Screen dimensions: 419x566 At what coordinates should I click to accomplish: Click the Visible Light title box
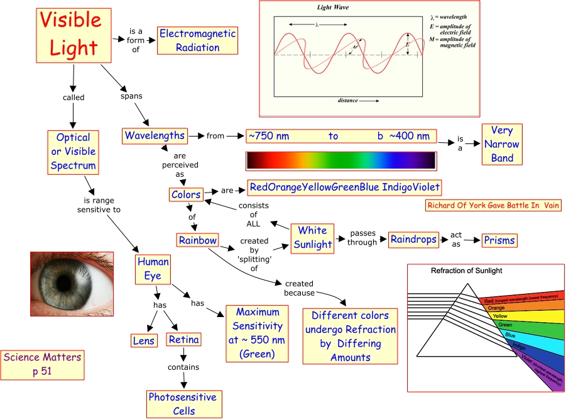tap(70, 35)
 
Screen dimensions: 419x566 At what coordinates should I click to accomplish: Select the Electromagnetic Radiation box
tap(197, 40)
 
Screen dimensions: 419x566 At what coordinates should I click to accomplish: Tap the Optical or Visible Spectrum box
tap(73, 152)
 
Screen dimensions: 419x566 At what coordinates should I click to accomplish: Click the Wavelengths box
tap(155, 135)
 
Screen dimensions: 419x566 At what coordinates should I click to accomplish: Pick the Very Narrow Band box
tap(502, 144)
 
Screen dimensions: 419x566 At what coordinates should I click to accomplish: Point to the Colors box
tap(186, 194)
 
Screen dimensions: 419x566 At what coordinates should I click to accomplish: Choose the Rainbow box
tap(197, 240)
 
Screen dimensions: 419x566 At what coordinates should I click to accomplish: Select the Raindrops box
tap(412, 240)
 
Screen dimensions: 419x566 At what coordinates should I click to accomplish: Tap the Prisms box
tap(499, 240)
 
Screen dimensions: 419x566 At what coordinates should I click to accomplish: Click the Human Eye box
tap(153, 269)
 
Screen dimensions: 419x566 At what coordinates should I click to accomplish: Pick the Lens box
tap(143, 340)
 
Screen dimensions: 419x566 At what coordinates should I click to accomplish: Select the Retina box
tap(183, 340)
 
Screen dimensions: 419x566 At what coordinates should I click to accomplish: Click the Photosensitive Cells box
tap(182, 404)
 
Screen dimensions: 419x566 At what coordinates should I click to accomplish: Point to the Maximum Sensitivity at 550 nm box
tap(258, 333)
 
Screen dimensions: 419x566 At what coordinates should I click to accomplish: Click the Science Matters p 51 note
tap(43, 365)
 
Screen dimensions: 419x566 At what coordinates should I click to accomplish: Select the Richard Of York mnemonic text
tap(493, 205)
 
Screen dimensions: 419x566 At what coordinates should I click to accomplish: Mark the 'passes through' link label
tap(363, 237)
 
